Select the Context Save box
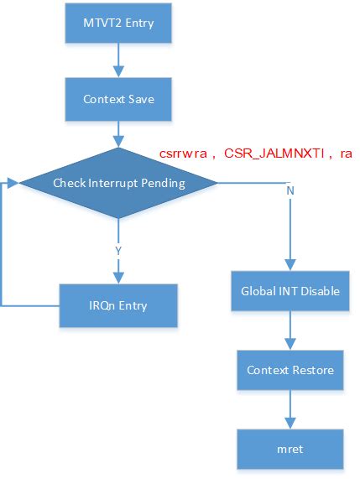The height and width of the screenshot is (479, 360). [x=117, y=99]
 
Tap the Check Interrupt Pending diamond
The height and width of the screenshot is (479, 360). [x=118, y=183]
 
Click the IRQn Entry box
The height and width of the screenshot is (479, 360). [x=117, y=305]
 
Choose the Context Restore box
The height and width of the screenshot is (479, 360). [x=290, y=370]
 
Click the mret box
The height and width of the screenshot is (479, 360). [x=290, y=449]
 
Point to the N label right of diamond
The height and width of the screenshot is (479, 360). [x=290, y=190]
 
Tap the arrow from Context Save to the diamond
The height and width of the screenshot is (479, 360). [x=118, y=133]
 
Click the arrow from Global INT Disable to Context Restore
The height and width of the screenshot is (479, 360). [x=290, y=331]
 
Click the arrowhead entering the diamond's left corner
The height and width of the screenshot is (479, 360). [x=14, y=182]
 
